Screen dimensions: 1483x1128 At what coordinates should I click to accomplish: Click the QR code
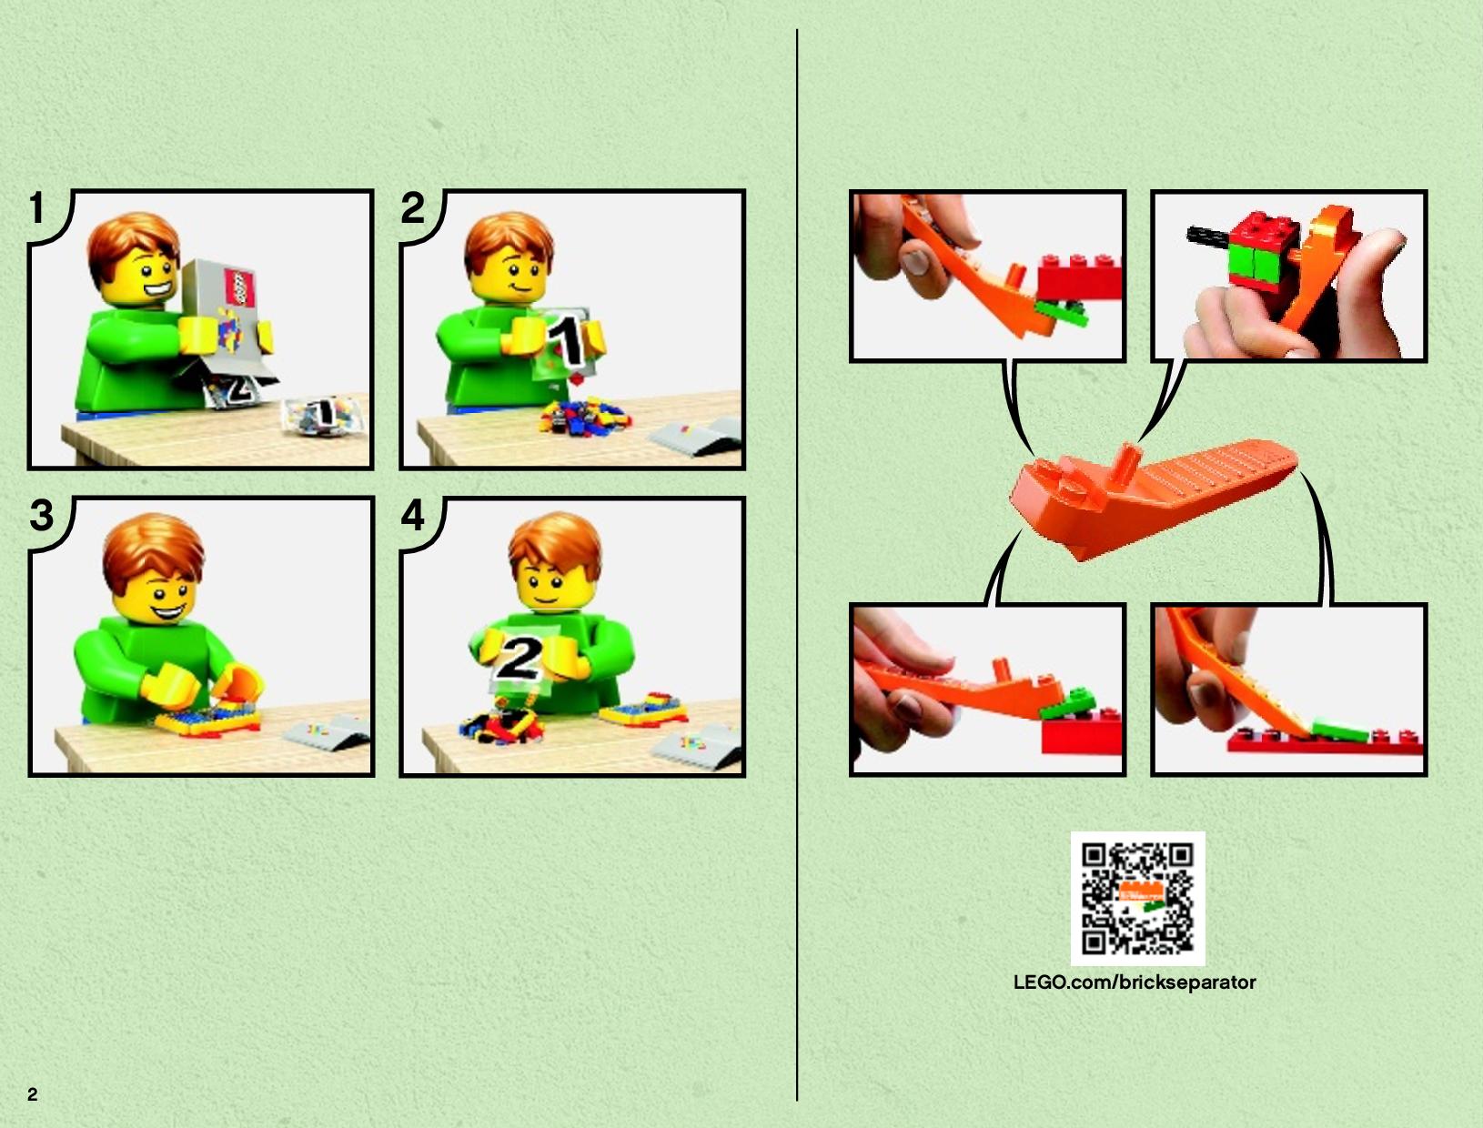pyautogui.click(x=1138, y=899)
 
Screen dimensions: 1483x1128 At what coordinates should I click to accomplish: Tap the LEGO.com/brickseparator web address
pyautogui.click(x=1135, y=982)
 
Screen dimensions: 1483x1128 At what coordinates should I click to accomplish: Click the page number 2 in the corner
pyautogui.click(x=33, y=1094)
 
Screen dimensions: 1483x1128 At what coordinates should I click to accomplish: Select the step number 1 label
pyautogui.click(x=37, y=207)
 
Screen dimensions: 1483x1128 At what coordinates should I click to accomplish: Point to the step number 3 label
pyautogui.click(x=41, y=515)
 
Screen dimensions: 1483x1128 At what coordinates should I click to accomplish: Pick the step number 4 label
pyautogui.click(x=413, y=515)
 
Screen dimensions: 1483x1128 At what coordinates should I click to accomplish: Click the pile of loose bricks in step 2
pyautogui.click(x=584, y=416)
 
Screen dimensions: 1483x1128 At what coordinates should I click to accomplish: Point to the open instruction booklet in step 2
pyautogui.click(x=696, y=436)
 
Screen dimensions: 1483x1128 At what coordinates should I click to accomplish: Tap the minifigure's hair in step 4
pyautogui.click(x=555, y=544)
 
